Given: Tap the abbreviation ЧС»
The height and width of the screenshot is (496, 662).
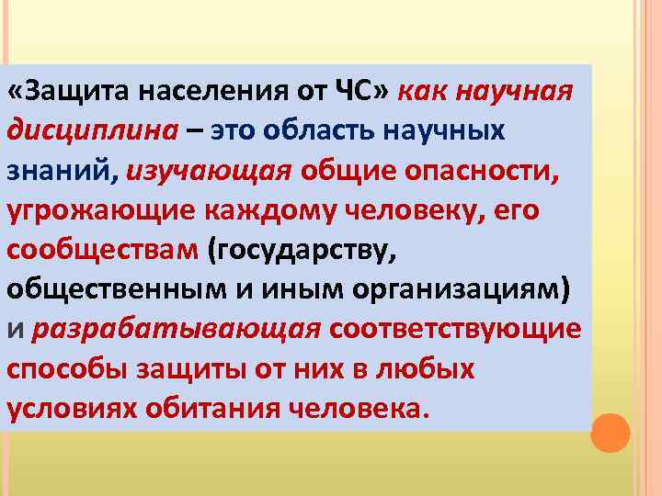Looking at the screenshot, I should tap(365, 92).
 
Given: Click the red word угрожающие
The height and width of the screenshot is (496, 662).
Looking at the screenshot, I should tap(103, 210).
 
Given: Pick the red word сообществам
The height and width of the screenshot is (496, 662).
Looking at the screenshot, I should tap(102, 250).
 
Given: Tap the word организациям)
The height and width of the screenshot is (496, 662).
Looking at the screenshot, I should tap(459, 289).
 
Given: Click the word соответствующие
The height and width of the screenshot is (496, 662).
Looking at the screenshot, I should tap(455, 329).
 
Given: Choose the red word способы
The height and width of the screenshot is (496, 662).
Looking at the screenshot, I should tap(67, 368).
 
